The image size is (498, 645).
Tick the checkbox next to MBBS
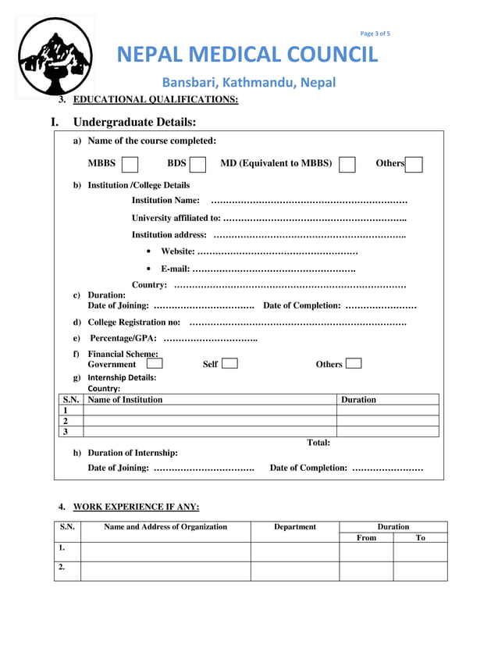pos(130,164)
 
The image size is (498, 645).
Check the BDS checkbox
pos(197,164)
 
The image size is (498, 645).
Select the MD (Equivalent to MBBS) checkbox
pos(347,164)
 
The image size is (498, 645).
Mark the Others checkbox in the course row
pos(414,164)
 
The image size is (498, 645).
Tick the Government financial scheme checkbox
pos(155,363)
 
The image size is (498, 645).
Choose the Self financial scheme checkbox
pos(229,363)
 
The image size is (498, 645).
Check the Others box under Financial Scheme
pos(353,363)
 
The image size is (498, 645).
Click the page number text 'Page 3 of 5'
pos(375,34)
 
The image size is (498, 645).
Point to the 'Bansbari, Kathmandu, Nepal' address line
pos(248,83)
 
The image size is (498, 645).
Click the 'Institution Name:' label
pos(165,201)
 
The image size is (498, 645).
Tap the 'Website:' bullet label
pos(177,251)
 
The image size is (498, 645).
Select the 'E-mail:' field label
pos(175,269)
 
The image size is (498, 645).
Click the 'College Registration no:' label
pos(134,322)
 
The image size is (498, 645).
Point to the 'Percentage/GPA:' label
pos(123,338)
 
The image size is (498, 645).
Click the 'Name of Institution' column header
pos(126,399)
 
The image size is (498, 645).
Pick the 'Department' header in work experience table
pos(294,526)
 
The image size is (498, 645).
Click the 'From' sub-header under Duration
pos(366,537)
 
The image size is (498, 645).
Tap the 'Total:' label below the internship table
pos(318,443)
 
